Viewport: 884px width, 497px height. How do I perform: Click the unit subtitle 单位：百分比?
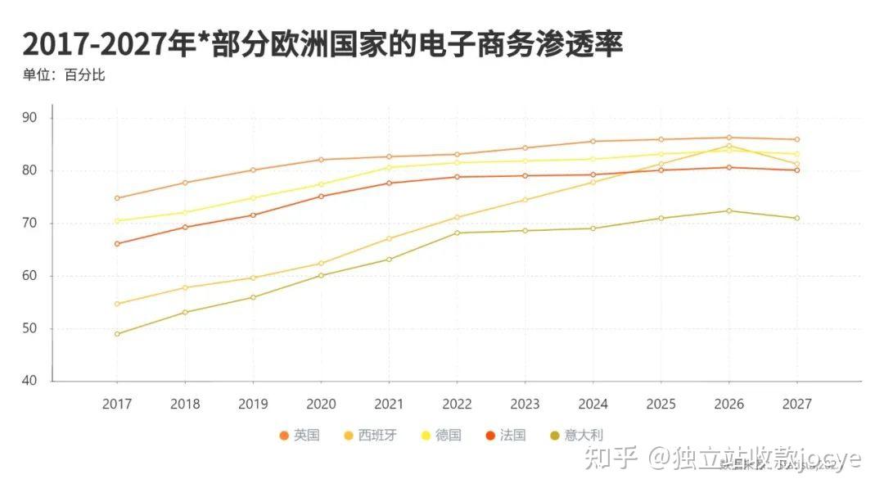(64, 75)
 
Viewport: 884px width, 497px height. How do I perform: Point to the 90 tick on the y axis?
(30, 118)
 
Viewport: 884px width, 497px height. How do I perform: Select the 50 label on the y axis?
(30, 328)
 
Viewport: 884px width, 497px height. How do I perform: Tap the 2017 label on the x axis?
(116, 404)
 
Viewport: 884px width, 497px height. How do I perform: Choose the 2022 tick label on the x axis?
(457, 404)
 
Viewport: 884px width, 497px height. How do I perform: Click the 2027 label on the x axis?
(796, 404)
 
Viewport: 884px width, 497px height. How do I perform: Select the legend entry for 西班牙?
(369, 436)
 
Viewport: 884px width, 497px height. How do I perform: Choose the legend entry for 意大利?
(576, 436)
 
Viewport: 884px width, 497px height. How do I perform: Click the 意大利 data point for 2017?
(117, 334)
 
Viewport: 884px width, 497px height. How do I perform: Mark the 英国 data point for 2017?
(117, 198)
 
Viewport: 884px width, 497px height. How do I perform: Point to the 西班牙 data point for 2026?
(728, 147)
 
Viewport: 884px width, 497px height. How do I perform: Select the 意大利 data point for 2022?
(457, 233)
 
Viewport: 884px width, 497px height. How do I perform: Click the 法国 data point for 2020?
(321, 196)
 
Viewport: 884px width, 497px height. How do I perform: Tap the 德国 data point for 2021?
(389, 167)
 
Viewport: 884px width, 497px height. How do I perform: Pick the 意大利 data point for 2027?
(796, 218)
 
